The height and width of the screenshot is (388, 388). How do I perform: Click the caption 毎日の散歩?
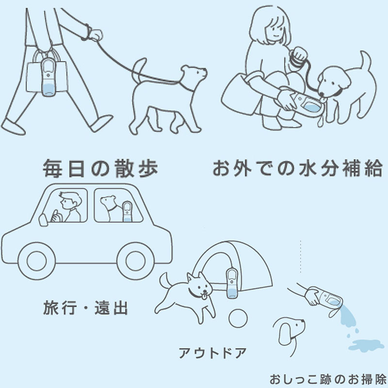(100, 168)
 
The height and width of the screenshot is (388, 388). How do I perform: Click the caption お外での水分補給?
(297, 169)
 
